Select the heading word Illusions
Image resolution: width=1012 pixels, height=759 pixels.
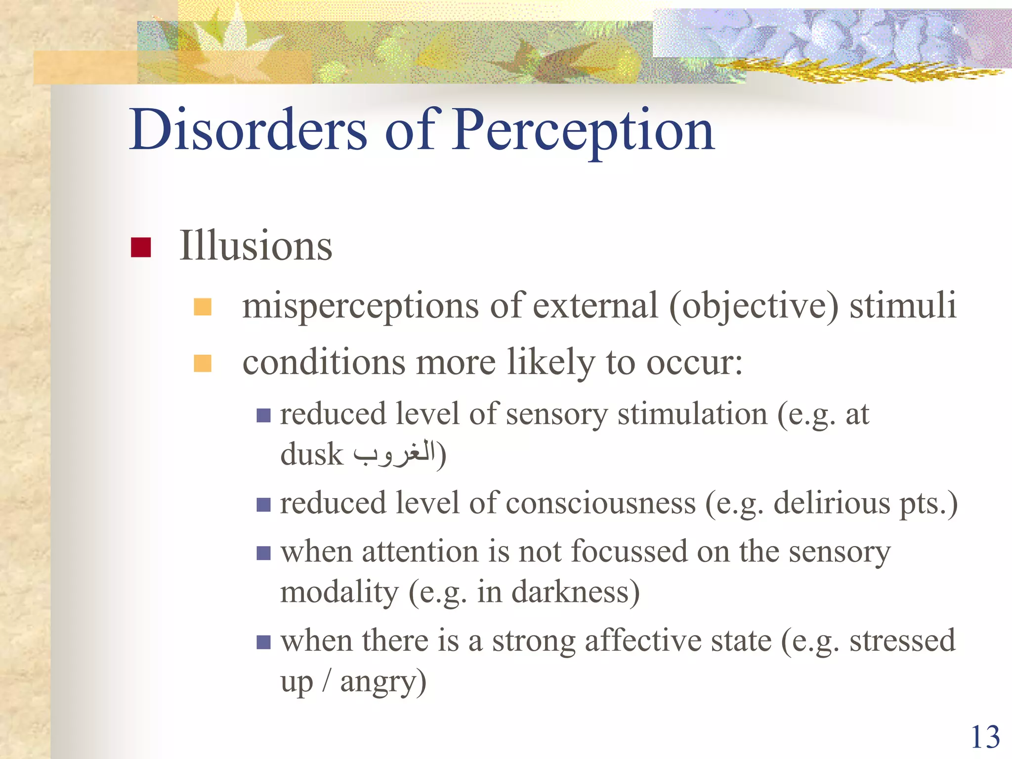(x=255, y=246)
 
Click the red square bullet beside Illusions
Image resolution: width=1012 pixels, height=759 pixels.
(x=141, y=247)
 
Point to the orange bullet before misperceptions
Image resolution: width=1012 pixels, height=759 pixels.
(x=203, y=306)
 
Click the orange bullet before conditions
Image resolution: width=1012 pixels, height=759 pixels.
(x=203, y=363)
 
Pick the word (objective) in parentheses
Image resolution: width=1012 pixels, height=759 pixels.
(x=754, y=306)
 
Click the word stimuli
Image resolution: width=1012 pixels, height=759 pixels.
(x=903, y=305)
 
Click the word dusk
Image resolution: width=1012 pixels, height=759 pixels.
(x=311, y=455)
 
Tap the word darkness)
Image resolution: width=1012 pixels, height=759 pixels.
(x=575, y=592)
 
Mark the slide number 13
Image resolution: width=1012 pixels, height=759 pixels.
(x=985, y=737)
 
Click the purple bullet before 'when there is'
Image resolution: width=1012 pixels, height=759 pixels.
(x=264, y=642)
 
